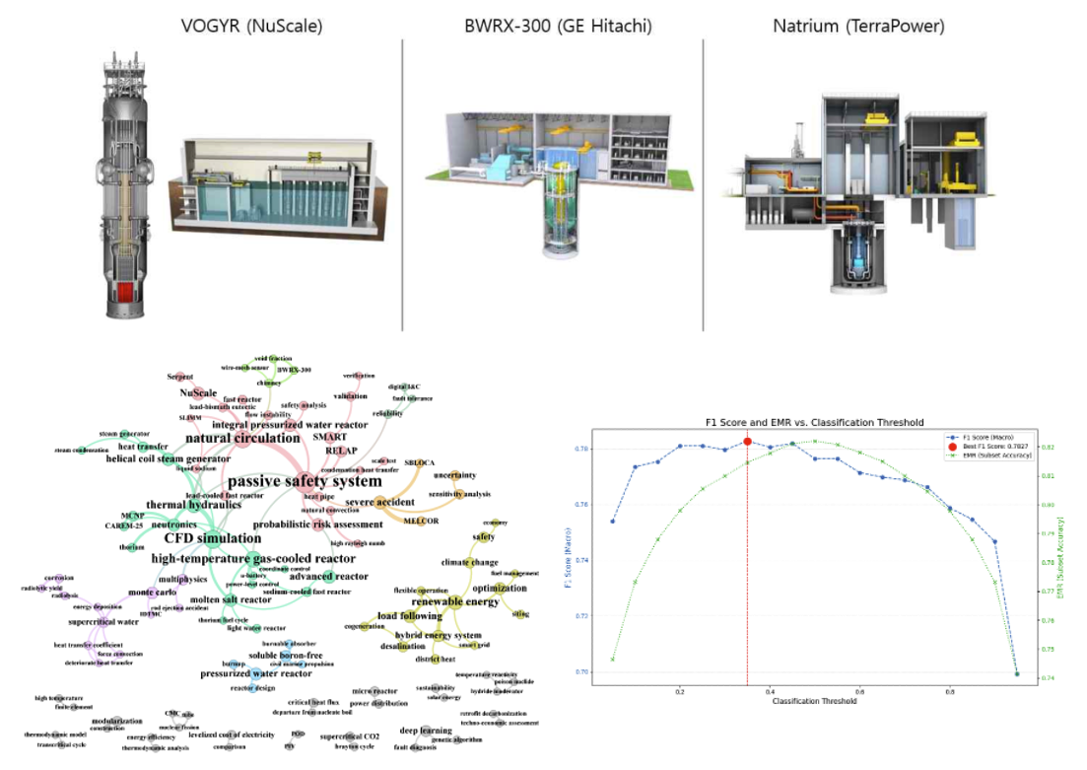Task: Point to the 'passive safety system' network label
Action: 305,481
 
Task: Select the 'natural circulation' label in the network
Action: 242,438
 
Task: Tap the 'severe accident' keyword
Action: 379,503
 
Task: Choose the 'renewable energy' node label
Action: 455,601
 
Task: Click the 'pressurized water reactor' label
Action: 256,673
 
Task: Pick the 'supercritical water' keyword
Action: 76,622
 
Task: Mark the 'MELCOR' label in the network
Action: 421,521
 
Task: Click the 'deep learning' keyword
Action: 426,731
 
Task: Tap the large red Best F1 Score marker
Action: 748,442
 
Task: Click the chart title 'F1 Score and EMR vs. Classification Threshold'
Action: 814,422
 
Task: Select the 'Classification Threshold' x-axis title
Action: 814,702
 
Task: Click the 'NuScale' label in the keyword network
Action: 198,392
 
